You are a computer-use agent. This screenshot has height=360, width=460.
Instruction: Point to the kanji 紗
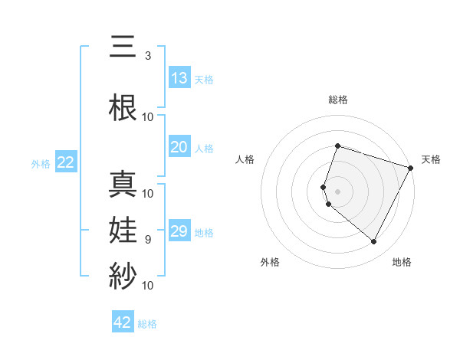123,273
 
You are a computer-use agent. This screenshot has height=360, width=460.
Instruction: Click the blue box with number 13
179,77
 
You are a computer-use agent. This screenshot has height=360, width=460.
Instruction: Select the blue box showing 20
179,147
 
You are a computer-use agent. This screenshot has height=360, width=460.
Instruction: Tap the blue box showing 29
179,231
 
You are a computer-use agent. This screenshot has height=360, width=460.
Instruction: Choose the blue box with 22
65,162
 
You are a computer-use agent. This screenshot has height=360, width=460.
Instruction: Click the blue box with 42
123,322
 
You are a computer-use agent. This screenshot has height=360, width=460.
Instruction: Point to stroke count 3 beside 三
147,56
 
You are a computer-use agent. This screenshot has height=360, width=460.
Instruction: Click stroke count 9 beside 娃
147,239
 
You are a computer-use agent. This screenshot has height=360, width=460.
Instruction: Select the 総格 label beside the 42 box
147,324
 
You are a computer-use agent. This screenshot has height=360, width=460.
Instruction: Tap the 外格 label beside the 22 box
41,163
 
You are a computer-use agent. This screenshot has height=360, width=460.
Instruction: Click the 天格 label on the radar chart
431,159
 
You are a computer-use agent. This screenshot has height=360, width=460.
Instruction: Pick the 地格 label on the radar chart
402,263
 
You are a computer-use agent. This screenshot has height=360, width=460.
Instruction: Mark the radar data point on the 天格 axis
411,168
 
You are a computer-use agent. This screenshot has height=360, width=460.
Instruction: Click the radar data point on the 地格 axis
373,242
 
